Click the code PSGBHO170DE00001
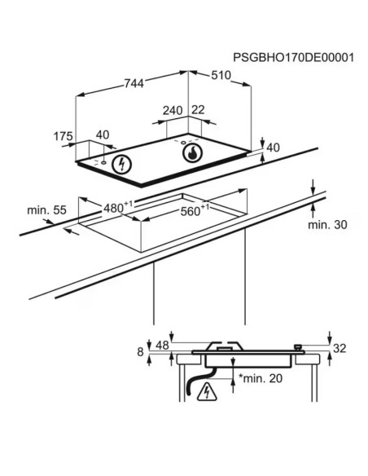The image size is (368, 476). click(293, 57)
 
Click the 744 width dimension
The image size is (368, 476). click(134, 83)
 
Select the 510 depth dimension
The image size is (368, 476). click(221, 75)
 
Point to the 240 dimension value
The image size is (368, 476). click(173, 111)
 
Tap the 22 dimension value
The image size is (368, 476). click(198, 109)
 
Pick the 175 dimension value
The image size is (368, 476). click(63, 136)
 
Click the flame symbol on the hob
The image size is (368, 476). click(192, 152)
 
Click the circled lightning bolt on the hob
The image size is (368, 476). click(121, 164)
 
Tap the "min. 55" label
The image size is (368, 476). click(46, 209)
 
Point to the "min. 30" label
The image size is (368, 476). click(327, 225)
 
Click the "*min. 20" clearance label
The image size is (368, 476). click(261, 378)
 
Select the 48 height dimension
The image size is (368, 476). click(162, 345)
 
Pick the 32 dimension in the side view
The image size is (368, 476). click(340, 348)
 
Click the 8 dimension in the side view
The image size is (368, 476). click(140, 352)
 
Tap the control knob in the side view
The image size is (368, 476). click(299, 347)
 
